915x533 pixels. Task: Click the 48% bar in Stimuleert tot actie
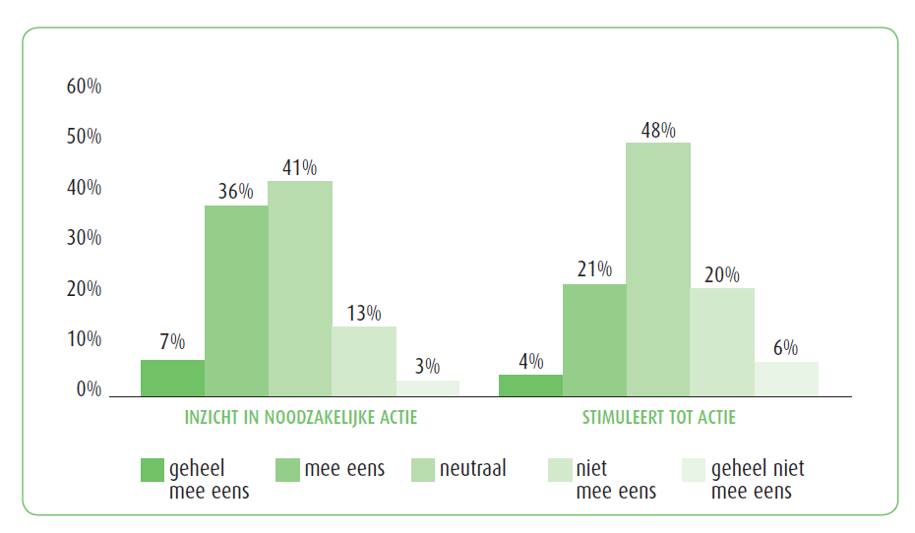(x=658, y=269)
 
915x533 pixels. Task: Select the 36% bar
(x=236, y=301)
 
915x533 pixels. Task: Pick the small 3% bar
(x=428, y=387)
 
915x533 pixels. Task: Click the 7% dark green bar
(x=172, y=378)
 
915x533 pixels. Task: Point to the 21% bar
(x=594, y=340)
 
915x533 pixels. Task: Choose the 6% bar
(x=786, y=379)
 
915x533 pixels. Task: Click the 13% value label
(x=364, y=313)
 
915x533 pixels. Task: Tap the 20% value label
(x=722, y=274)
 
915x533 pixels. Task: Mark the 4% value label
(x=530, y=361)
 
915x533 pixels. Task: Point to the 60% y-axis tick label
(x=84, y=87)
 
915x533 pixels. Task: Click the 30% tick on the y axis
(x=84, y=238)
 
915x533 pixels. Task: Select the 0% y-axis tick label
(x=89, y=389)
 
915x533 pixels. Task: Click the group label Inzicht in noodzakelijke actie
(x=301, y=418)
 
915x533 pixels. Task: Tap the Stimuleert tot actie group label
(x=658, y=418)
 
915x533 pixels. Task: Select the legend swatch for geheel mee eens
(x=152, y=470)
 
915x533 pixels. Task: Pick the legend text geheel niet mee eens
(x=757, y=480)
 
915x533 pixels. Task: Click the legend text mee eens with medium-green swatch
(x=344, y=469)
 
